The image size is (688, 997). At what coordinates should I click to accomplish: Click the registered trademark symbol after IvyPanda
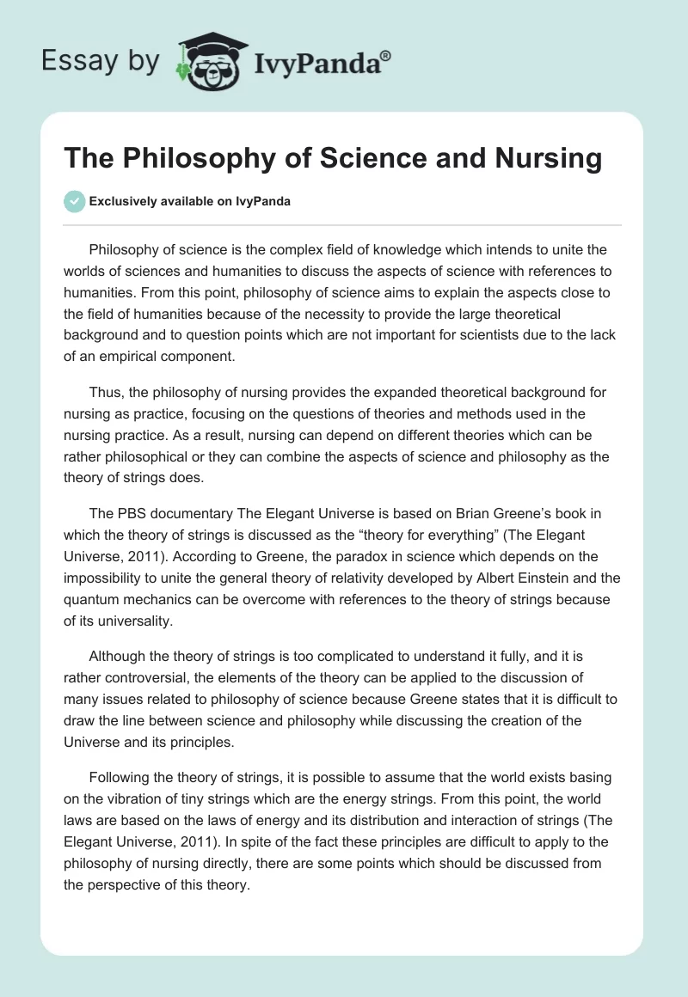[x=386, y=54]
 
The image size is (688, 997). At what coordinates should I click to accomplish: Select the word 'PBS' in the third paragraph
[x=129, y=514]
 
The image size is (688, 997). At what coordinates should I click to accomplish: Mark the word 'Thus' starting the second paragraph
[x=103, y=392]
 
